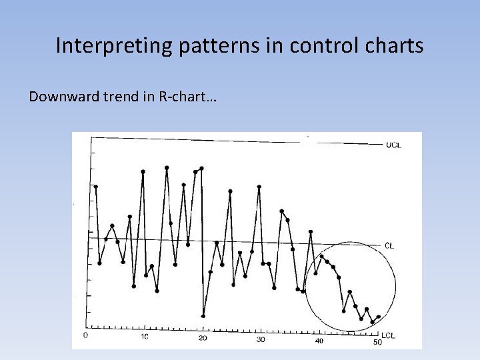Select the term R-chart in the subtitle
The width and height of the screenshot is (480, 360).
187,97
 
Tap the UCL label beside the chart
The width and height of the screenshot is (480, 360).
393,145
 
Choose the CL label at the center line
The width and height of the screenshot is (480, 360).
389,246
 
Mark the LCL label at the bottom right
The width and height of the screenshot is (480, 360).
388,335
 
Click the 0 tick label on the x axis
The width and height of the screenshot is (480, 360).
85,336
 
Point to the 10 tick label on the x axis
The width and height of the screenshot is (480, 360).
145,337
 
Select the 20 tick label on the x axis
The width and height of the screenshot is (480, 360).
203,338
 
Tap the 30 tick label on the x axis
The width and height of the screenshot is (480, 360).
261,339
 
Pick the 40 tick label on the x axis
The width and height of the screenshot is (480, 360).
319,341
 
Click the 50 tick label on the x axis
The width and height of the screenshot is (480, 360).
377,342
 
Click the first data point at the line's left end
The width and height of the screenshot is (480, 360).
96,187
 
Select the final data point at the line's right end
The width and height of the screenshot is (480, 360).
379,317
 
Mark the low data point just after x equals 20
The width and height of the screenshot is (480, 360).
203,315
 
